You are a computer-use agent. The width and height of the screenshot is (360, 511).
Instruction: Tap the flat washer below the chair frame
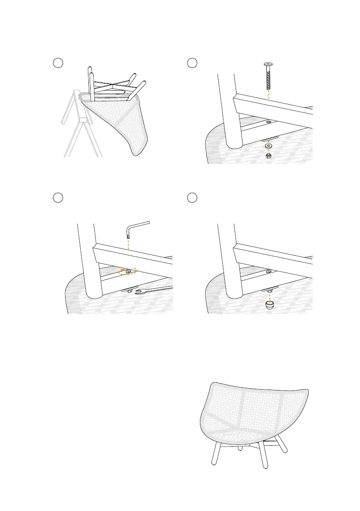[269, 146]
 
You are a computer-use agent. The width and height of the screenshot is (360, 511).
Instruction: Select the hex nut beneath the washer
[269, 155]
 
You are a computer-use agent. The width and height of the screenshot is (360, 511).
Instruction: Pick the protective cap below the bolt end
[269, 304]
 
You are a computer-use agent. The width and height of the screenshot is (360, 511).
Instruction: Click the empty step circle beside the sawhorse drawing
[58, 63]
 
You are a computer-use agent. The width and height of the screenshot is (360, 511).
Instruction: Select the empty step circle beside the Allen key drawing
[58, 197]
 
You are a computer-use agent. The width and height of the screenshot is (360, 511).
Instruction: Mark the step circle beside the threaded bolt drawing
[192, 63]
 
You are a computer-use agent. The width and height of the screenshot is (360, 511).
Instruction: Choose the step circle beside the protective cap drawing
[192, 197]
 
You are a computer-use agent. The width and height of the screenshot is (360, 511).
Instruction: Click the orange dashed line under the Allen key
[128, 251]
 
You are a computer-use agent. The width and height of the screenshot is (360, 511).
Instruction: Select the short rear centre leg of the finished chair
[240, 447]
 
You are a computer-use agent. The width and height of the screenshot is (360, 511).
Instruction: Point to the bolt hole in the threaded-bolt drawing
[269, 121]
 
